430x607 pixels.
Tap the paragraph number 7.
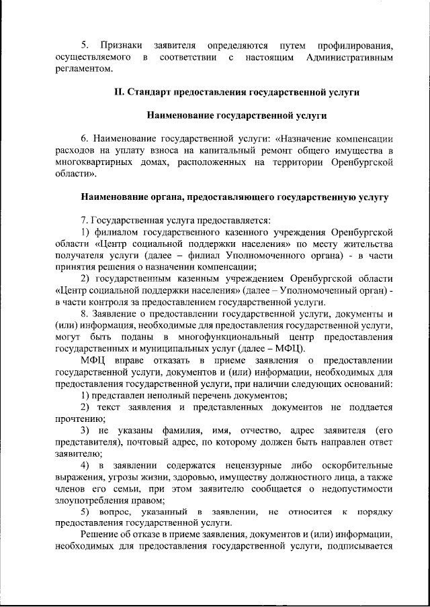point(83,220)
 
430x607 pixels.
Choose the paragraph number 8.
point(83,314)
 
